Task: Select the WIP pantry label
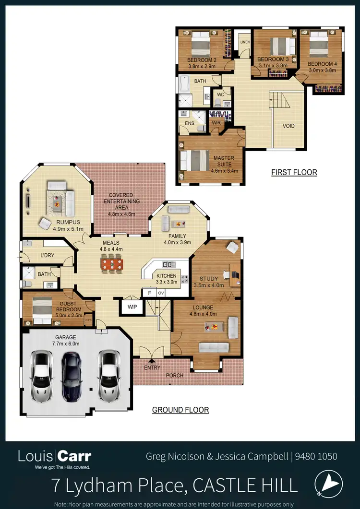pos(132,306)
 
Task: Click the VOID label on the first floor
pos(288,126)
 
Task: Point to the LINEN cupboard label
pos(245,42)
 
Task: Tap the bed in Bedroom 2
pos(200,45)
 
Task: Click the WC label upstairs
pos(220,95)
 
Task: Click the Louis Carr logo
pos(54,458)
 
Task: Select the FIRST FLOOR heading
pos(294,172)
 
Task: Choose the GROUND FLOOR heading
pos(180,410)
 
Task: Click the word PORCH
pos(175,375)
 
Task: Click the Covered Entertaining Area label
pos(121,201)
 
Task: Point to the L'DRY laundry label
pos(47,255)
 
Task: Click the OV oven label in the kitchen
pos(161,293)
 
